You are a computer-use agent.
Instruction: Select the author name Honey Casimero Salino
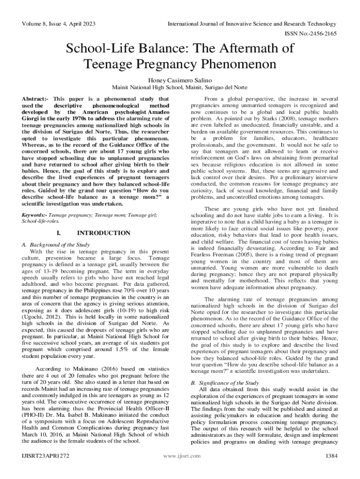point(180,80)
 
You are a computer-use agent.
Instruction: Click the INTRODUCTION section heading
point(103,233)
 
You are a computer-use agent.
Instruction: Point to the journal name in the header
point(252,24)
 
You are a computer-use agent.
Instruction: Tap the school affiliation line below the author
point(180,88)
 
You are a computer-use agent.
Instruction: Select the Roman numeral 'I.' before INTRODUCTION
point(58,233)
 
